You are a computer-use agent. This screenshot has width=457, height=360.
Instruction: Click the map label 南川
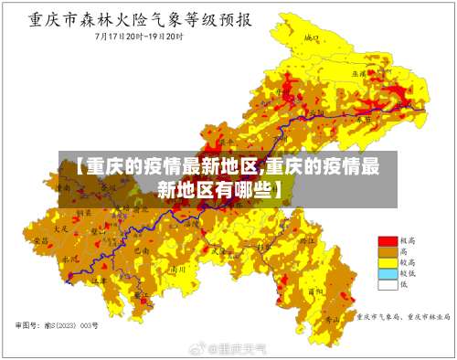181,270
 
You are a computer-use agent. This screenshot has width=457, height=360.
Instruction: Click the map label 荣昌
37,239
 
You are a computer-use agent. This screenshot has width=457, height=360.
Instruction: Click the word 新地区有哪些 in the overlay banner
219,189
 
